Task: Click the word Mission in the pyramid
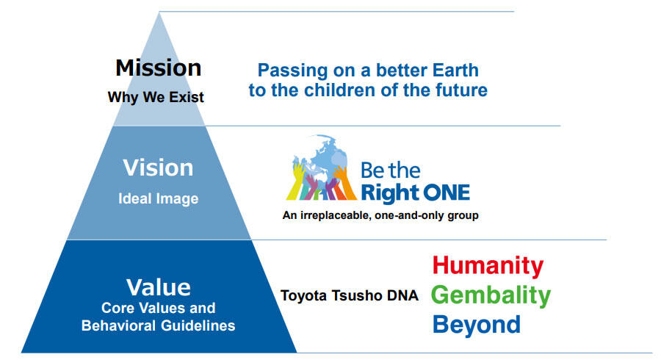158,68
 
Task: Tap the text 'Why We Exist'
156,98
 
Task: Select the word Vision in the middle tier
158,168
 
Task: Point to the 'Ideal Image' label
158,198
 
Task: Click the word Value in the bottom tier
159,287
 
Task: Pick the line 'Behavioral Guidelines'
158,325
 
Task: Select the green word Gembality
491,295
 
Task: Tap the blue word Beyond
477,325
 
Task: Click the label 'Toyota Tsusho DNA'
350,295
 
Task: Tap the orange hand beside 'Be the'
344,182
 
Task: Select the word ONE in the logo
447,192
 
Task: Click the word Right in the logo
389,193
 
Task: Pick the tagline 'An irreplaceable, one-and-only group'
380,215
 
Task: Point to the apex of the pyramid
159,12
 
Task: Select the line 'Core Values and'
158,308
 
